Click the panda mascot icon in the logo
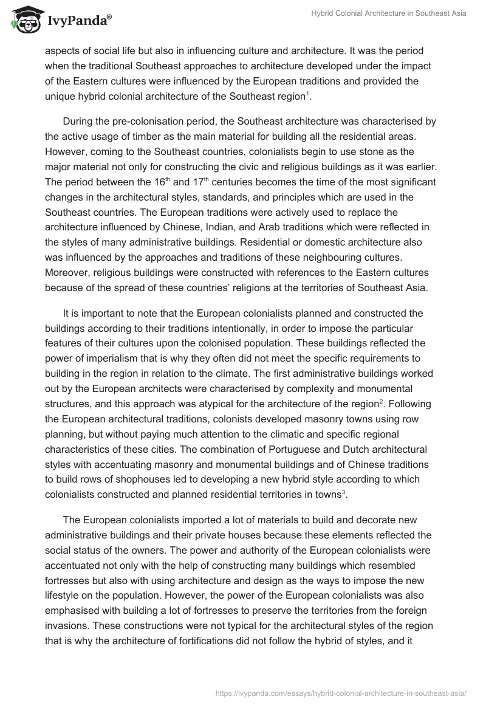[23, 20]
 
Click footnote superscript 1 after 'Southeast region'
[308, 93]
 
